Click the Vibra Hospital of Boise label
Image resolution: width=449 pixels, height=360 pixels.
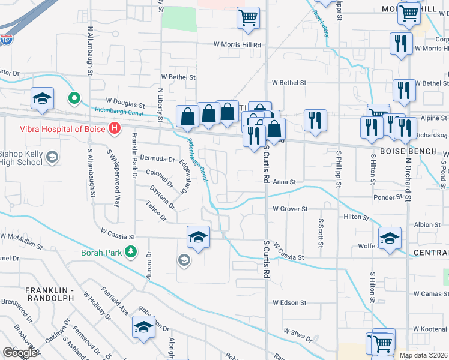coord(53,128)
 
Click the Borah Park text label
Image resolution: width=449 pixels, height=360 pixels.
coord(102,253)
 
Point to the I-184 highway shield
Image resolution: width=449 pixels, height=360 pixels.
coord(6,40)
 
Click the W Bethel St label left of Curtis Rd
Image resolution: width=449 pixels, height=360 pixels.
coord(178,77)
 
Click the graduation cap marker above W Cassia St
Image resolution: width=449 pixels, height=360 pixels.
coord(198,236)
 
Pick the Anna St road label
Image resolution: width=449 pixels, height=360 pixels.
coord(285,182)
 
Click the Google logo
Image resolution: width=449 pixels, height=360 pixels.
coord(20,353)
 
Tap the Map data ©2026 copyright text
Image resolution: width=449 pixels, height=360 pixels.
coord(423,355)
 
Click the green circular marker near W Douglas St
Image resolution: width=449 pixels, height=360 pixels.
coord(74,97)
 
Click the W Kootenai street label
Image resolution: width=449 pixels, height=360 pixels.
coord(430,329)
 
